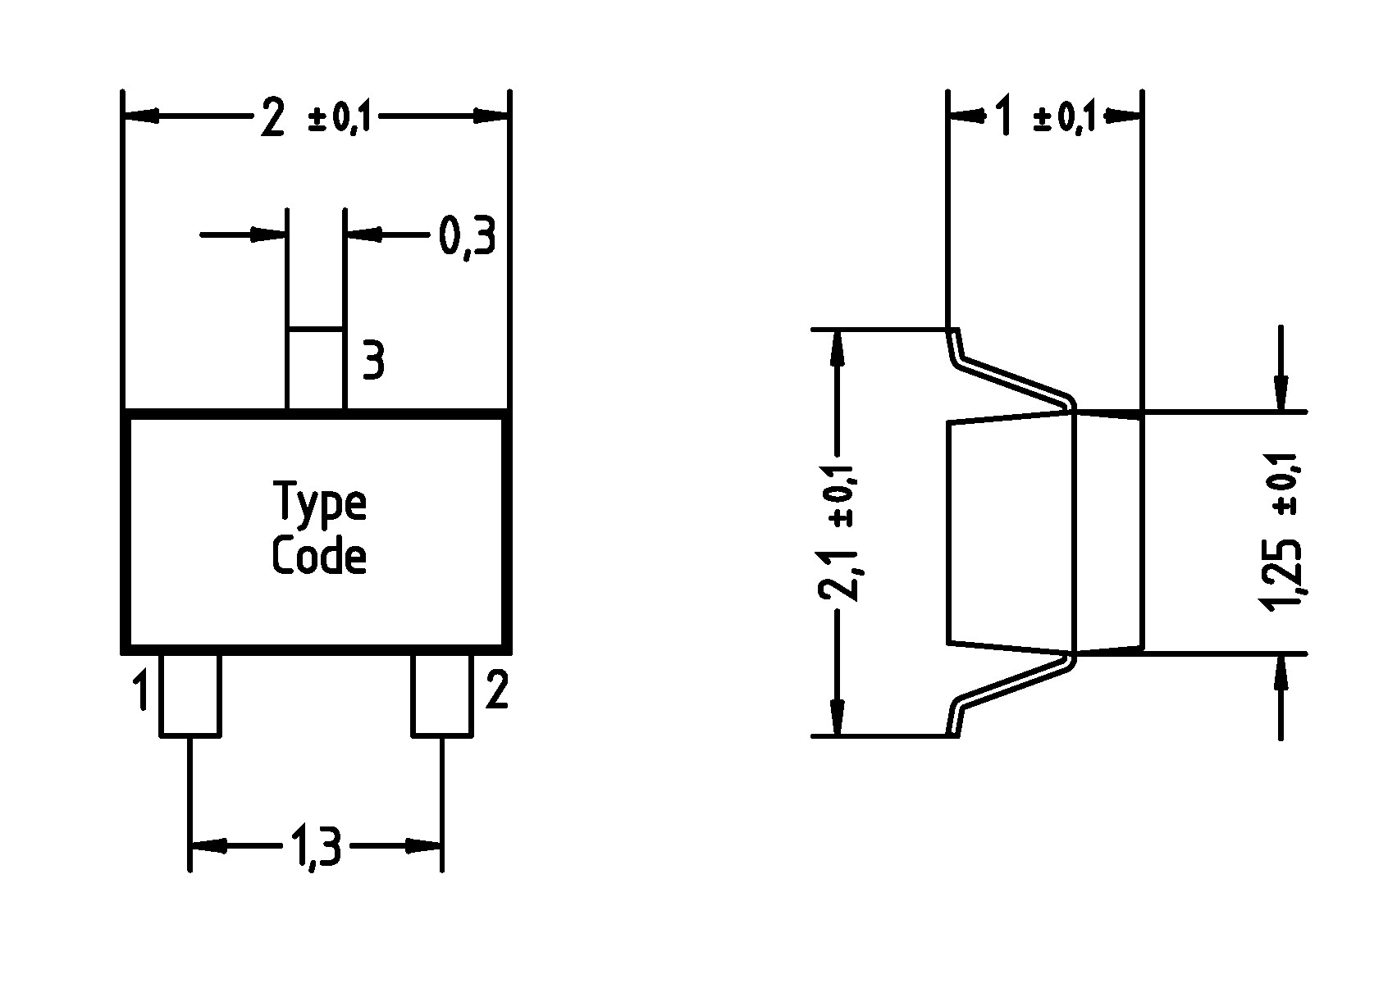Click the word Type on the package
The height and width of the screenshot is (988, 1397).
319,504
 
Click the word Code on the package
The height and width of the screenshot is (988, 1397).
318,557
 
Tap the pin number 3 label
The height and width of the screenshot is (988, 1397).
373,361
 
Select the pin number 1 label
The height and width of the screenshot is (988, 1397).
141,690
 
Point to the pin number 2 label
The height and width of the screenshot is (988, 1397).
497,690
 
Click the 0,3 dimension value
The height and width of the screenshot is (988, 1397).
468,237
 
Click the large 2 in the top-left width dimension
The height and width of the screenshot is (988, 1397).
272,117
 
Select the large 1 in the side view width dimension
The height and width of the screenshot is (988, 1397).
1002,117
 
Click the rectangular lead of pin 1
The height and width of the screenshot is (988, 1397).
189,694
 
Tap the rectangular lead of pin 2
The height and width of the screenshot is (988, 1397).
441,694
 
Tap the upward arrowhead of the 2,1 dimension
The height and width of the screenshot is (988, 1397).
838,348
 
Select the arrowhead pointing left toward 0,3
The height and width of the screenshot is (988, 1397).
362,235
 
